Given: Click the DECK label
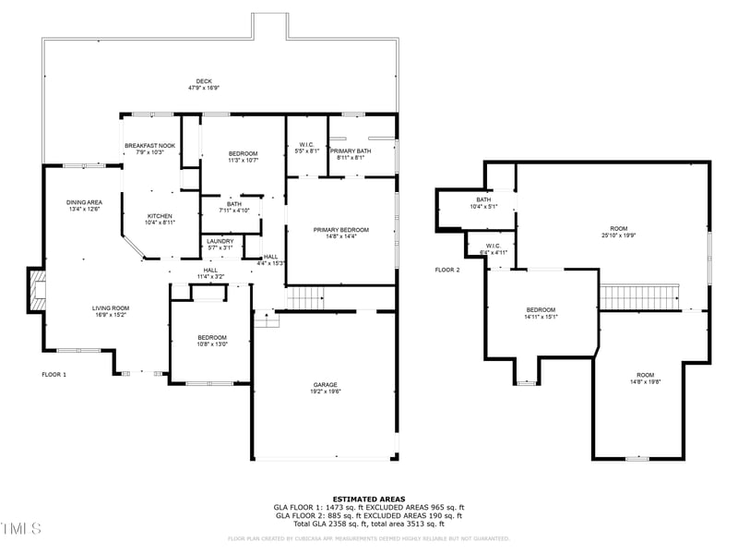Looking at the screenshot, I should click(204, 80).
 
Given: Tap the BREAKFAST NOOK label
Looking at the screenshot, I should click(149, 145).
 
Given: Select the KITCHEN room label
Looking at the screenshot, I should click(160, 215).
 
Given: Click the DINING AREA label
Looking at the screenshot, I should click(84, 202).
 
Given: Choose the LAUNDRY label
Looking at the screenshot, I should click(220, 241).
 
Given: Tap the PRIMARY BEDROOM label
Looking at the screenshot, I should click(340, 230).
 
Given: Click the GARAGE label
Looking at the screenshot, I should click(325, 384).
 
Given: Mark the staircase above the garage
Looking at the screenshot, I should click(305, 298).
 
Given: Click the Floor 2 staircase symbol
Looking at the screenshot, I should click(639, 297).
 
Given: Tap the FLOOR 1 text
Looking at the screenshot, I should click(54, 374).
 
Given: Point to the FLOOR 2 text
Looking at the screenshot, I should click(447, 270).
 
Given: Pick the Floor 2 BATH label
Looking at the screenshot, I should click(483, 199).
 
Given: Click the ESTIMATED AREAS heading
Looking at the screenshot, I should click(369, 499).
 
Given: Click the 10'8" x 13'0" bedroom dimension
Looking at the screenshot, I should click(211, 344).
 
